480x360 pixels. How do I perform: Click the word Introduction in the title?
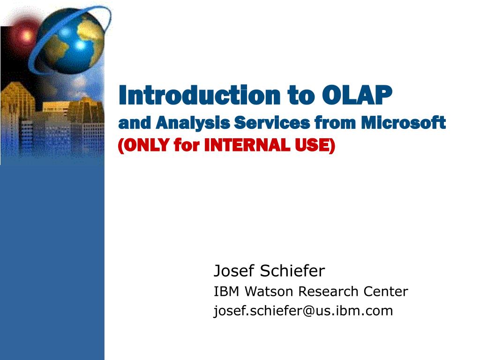point(199,95)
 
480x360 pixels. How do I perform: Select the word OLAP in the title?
point(357,95)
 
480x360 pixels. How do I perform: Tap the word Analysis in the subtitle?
point(193,124)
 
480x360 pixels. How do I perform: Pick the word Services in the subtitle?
point(272,123)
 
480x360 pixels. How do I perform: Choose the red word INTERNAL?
point(247,145)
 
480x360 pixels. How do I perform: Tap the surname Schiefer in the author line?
point(292,270)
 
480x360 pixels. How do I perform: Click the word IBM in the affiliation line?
point(226,292)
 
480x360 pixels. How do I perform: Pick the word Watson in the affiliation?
point(269,292)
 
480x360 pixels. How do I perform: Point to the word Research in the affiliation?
point(328,292)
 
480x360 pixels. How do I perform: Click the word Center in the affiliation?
point(385,292)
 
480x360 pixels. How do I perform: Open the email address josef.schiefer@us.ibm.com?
point(303,311)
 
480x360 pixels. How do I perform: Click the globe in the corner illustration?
point(74,41)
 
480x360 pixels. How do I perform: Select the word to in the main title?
point(301,96)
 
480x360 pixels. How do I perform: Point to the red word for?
point(187,145)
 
